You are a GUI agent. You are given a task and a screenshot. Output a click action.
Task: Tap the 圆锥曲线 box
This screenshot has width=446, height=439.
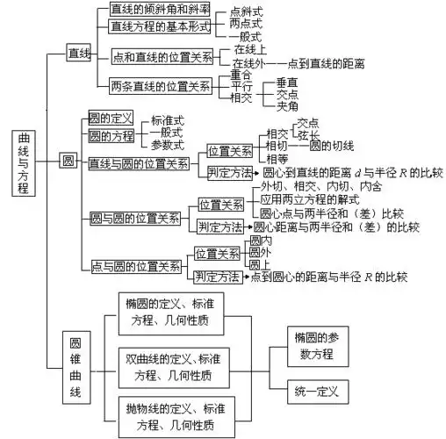76,366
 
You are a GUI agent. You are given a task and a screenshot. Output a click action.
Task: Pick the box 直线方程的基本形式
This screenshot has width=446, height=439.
160,26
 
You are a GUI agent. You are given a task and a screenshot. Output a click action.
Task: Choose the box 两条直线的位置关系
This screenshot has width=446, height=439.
161,86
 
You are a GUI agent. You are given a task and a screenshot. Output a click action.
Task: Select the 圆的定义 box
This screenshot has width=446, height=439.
111,118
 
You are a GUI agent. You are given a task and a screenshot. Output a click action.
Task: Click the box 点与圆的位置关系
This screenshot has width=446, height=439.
137,266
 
